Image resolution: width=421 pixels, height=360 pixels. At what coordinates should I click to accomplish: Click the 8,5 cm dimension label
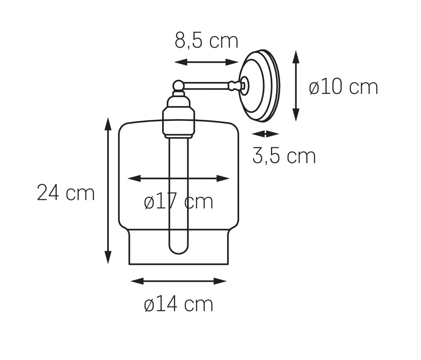[x=206, y=41]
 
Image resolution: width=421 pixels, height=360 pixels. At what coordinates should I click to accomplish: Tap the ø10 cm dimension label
[x=343, y=87]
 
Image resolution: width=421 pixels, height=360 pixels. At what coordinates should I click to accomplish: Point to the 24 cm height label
[x=66, y=193]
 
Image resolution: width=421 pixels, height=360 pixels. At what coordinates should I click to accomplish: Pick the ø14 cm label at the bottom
[x=179, y=304]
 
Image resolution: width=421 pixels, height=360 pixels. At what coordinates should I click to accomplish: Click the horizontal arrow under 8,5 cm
[x=206, y=62]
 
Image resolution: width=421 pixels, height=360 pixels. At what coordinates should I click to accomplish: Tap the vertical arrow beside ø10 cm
[x=296, y=86]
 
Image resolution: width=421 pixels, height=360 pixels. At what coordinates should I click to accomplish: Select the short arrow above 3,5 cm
[x=266, y=133]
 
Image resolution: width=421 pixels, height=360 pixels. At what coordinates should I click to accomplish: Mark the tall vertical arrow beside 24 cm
[x=108, y=191]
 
